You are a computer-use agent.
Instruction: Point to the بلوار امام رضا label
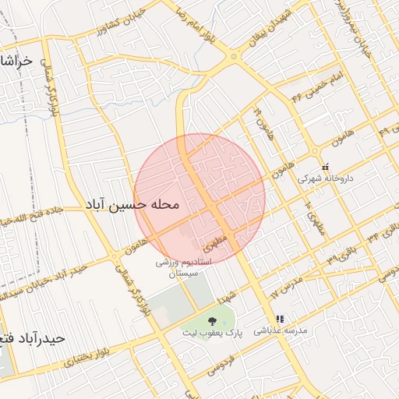(193, 22)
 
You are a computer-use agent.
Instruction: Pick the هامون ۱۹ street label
(258, 119)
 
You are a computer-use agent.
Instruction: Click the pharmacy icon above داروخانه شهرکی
(326, 166)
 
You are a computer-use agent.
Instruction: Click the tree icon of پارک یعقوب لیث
(212, 320)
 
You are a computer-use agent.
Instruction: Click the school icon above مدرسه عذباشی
(279, 319)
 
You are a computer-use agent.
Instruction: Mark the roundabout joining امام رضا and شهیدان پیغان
(235, 57)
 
